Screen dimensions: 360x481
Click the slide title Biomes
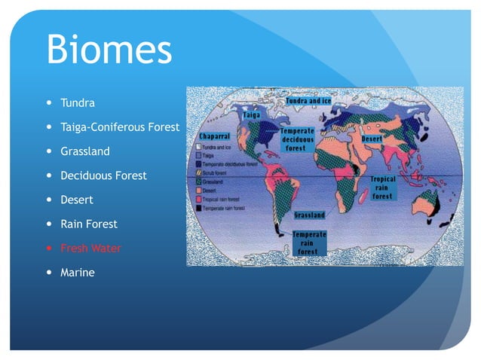109,50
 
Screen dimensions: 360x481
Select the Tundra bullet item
78,102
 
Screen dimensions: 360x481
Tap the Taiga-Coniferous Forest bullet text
119,127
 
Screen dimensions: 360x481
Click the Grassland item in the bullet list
84,151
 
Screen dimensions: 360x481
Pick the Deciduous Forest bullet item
103,175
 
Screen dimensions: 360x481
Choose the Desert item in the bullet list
76,200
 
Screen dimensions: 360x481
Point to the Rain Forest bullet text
89,224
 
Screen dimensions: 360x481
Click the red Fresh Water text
90,248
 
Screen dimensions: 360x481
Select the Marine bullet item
77,272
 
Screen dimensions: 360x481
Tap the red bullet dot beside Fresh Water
50,248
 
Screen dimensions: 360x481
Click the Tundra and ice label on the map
308,100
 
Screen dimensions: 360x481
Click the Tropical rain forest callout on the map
381,188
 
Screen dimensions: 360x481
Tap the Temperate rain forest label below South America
309,243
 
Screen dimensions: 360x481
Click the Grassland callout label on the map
309,215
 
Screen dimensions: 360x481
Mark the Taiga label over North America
252,115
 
